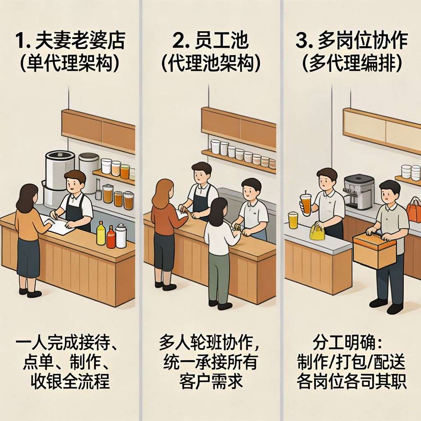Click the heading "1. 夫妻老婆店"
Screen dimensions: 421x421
(x=70, y=41)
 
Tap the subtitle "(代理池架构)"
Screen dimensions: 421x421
(x=211, y=64)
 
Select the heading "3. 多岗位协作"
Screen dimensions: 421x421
(x=352, y=41)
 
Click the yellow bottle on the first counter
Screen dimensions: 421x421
(x=101, y=233)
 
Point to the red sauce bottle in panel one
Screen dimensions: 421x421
(x=111, y=237)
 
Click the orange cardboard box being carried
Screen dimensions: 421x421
(x=374, y=251)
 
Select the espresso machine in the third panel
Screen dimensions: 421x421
(x=359, y=192)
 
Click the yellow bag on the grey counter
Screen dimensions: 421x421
(x=317, y=233)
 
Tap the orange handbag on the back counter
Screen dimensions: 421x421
(x=414, y=210)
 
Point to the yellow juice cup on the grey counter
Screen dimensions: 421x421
(x=293, y=220)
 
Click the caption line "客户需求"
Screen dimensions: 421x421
(x=211, y=381)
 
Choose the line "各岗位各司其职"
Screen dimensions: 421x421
(x=352, y=381)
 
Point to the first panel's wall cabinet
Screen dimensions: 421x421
(x=98, y=131)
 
